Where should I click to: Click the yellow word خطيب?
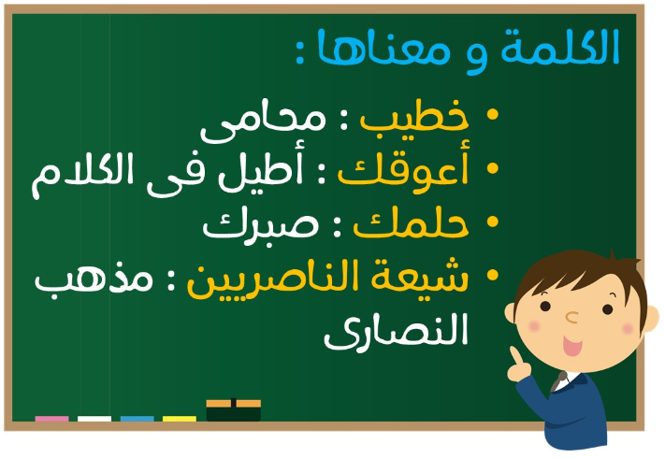[x=414, y=116]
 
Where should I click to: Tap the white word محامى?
[x=263, y=122]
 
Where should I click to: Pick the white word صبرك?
[x=260, y=225]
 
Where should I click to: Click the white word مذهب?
[x=94, y=279]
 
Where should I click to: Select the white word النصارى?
[x=397, y=332]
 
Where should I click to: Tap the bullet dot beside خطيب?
[x=492, y=114]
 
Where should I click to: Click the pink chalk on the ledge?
[x=51, y=419]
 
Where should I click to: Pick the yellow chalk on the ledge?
[x=180, y=419]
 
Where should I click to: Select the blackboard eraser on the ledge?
[x=233, y=409]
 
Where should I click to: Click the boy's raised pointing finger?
[x=515, y=356]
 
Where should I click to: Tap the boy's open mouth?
[x=572, y=346]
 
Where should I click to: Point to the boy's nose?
[x=571, y=317]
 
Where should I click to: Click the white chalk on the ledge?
[x=94, y=419]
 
